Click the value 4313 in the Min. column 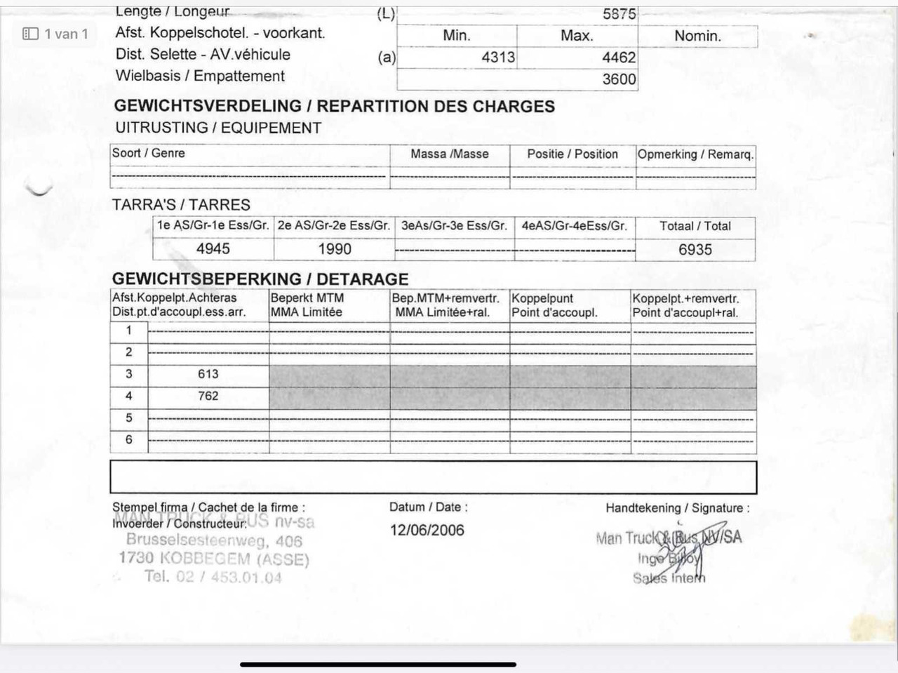point(498,58)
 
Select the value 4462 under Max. point(619,58)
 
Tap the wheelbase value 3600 point(619,79)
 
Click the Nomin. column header point(697,36)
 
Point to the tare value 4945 point(213,249)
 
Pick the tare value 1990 point(335,249)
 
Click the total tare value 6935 point(695,250)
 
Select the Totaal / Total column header point(695,226)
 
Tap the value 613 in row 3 point(208,374)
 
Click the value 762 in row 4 point(208,396)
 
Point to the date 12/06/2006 point(427,530)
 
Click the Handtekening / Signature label point(677,508)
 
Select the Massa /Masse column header point(450,154)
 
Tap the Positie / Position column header point(572,154)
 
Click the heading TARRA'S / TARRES point(181,205)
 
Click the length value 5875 point(619,14)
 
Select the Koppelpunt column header point(542,298)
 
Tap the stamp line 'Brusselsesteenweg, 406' point(214,540)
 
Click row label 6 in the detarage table point(128,439)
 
